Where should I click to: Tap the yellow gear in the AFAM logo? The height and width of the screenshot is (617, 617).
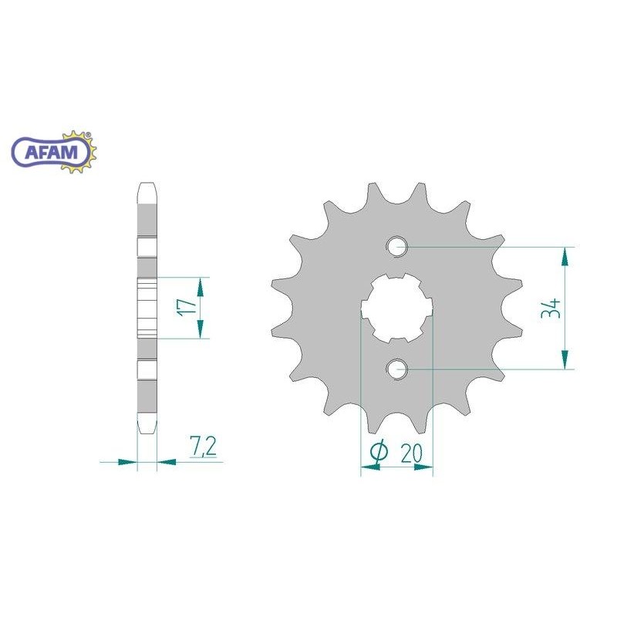point(78,151)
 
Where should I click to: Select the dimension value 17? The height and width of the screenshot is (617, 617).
point(186,307)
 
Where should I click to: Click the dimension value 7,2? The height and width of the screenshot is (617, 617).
point(203,447)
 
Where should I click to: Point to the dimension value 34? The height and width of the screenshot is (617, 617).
point(551,308)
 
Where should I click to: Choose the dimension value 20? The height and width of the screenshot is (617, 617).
point(411,453)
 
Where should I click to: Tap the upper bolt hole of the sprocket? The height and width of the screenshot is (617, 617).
point(397,247)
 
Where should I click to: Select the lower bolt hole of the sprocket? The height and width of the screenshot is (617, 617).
point(397,369)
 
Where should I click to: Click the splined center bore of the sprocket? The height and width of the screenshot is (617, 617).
point(397,308)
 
